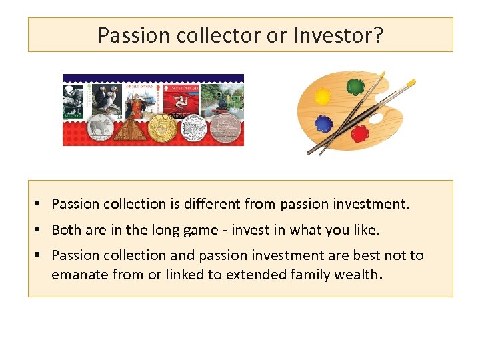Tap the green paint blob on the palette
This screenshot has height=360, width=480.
click(x=355, y=86)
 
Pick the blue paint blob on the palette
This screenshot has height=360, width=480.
click(x=323, y=123)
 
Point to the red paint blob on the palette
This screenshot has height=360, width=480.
click(x=359, y=133)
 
